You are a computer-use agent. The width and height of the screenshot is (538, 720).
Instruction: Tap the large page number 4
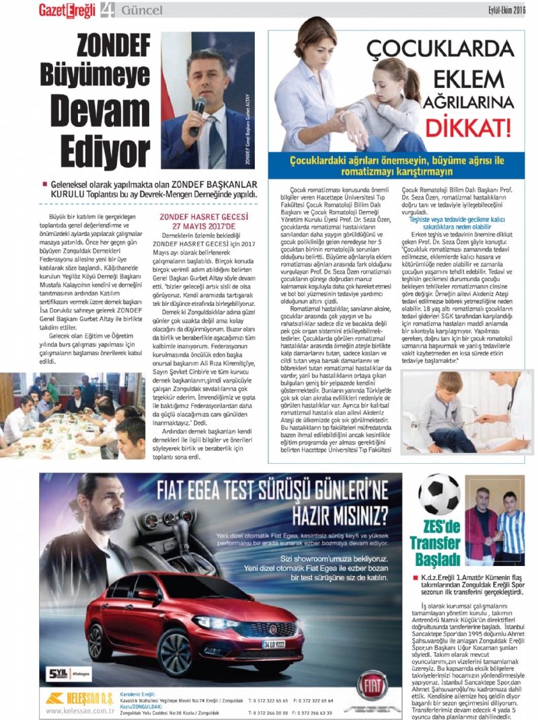point(108,10)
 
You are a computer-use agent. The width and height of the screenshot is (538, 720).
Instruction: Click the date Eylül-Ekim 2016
point(506,9)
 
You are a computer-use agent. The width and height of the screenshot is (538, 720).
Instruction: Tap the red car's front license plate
point(274,644)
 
